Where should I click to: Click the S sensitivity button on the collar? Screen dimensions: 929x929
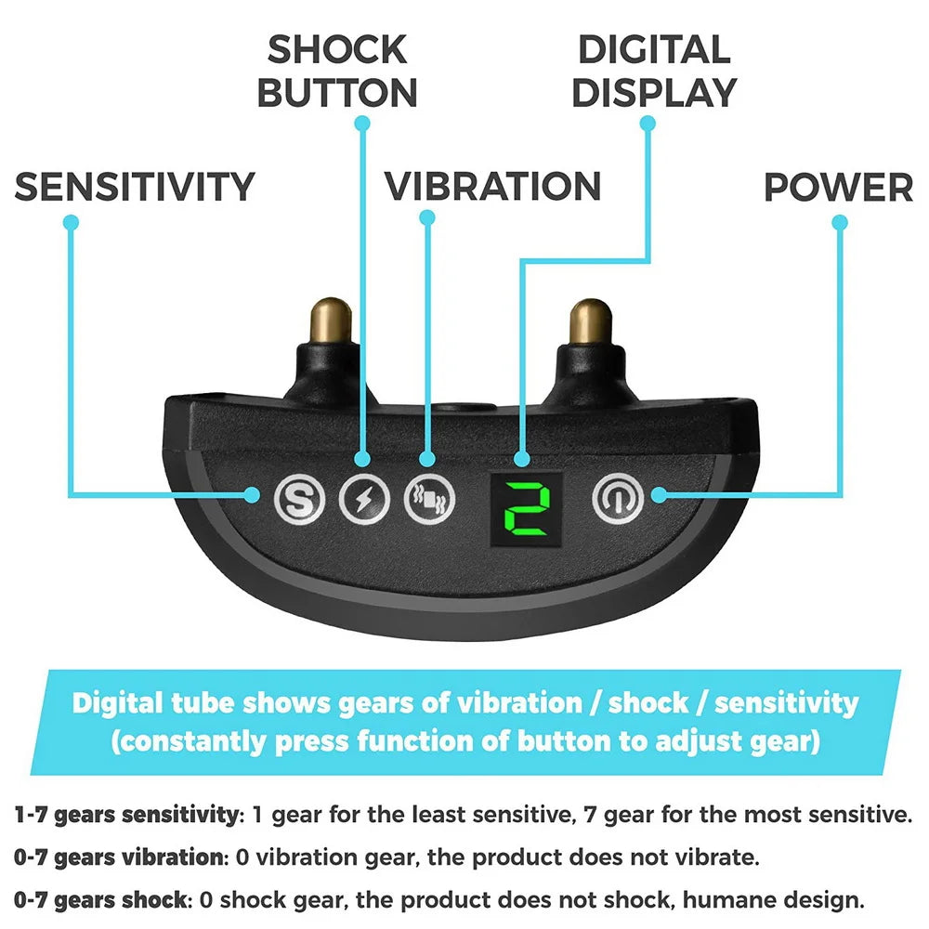click(x=299, y=502)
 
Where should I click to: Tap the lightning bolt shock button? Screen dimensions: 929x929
click(x=362, y=501)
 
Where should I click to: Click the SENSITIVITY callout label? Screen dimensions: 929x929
click(x=135, y=187)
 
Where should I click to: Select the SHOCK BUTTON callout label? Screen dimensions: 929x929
click(x=337, y=72)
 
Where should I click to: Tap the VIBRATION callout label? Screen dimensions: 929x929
click(x=493, y=186)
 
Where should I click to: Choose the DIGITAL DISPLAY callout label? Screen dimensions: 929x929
click(x=653, y=72)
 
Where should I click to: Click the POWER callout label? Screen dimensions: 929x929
click(x=838, y=187)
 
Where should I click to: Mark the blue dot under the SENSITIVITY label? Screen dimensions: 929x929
click(x=71, y=222)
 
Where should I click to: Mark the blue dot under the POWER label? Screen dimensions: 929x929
click(x=840, y=222)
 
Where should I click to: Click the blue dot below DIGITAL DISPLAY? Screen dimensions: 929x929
click(x=648, y=122)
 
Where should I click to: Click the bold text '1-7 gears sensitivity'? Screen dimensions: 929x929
click(x=124, y=816)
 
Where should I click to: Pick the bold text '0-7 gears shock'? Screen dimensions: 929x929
click(x=98, y=899)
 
